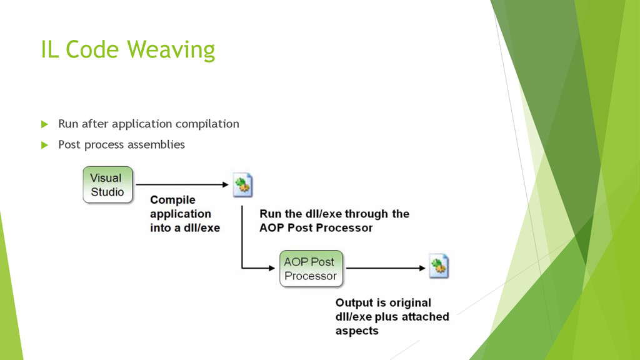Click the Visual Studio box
(107, 184)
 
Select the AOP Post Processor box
(311, 269)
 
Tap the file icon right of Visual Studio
(243, 185)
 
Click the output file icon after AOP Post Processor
(439, 266)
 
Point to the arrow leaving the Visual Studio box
(182, 184)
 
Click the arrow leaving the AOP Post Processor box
(386, 268)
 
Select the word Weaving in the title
(171, 49)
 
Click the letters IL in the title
(49, 49)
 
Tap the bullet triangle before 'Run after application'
(44, 124)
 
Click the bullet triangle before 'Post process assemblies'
(44, 145)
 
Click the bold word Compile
(172, 200)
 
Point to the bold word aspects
(357, 331)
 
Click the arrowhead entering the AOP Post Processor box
(272, 268)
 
